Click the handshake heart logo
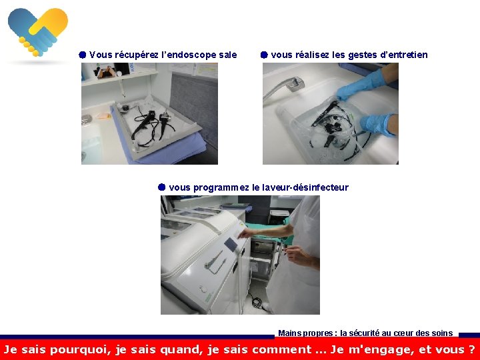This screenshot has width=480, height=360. click(x=38, y=32)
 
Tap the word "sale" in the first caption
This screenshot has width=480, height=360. click(x=228, y=55)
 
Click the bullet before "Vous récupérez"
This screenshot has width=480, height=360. click(x=83, y=55)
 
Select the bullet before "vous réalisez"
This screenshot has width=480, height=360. click(x=264, y=55)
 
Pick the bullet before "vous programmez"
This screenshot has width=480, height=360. click(x=161, y=187)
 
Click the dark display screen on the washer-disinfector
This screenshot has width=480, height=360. click(x=231, y=245)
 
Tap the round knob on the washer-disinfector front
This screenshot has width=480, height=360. click(x=203, y=289)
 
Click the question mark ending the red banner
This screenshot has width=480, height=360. click(x=471, y=349)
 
